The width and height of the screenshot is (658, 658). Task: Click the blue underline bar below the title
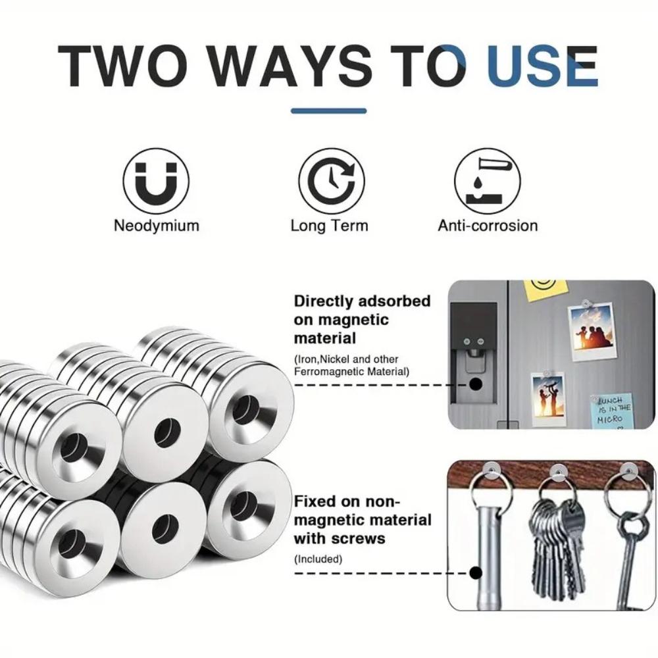tap(328, 111)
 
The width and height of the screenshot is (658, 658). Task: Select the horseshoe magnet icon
tap(156, 181)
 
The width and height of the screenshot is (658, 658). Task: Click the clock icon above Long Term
tap(332, 181)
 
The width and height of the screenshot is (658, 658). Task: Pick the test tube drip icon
tap(487, 181)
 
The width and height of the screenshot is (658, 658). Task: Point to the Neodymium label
tap(157, 226)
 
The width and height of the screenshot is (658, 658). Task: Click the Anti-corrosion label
tap(488, 226)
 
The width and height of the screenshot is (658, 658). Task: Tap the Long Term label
tap(330, 226)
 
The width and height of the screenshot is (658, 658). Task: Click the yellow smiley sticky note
tap(545, 290)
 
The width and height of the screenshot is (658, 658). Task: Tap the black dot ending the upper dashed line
tap(476, 384)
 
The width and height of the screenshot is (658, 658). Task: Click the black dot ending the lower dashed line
tap(476, 573)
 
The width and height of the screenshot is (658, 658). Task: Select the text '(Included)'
tap(318, 559)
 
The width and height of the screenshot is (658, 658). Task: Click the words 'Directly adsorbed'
tap(362, 301)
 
